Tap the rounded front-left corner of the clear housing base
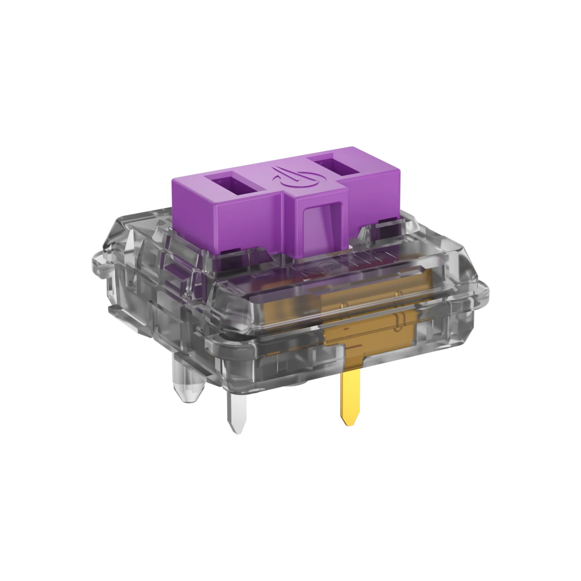(211, 341)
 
